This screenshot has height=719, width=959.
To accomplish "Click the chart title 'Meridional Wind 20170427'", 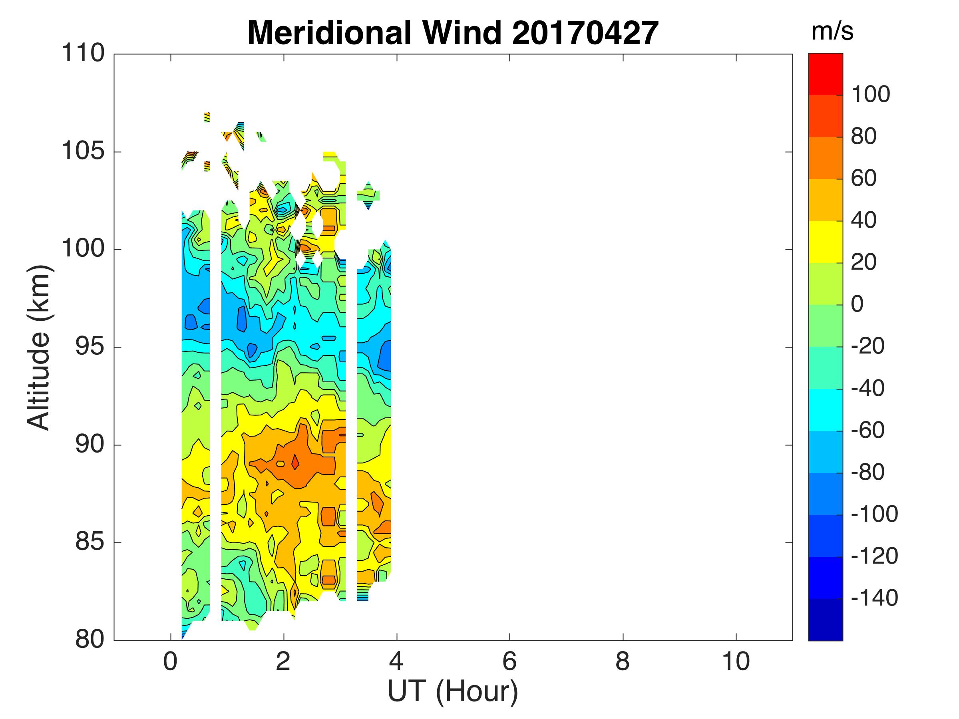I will pyautogui.click(x=453, y=33).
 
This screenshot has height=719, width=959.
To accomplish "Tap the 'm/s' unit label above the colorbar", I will pyautogui.click(x=832, y=32).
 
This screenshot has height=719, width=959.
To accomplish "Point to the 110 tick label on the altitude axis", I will pyautogui.click(x=83, y=54).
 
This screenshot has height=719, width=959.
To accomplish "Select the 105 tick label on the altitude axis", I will pyautogui.click(x=83, y=152).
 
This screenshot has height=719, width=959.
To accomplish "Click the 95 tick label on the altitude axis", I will pyautogui.click(x=90, y=347).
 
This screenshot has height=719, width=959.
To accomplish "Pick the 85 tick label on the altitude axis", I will pyautogui.click(x=90, y=542).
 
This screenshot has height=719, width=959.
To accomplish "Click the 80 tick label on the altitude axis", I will pyautogui.click(x=90, y=640).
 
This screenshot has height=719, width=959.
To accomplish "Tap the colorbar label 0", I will pyautogui.click(x=857, y=304).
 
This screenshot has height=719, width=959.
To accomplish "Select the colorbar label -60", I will pyautogui.click(x=867, y=430).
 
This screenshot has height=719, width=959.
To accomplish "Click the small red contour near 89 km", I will pyautogui.click(x=295, y=462).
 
